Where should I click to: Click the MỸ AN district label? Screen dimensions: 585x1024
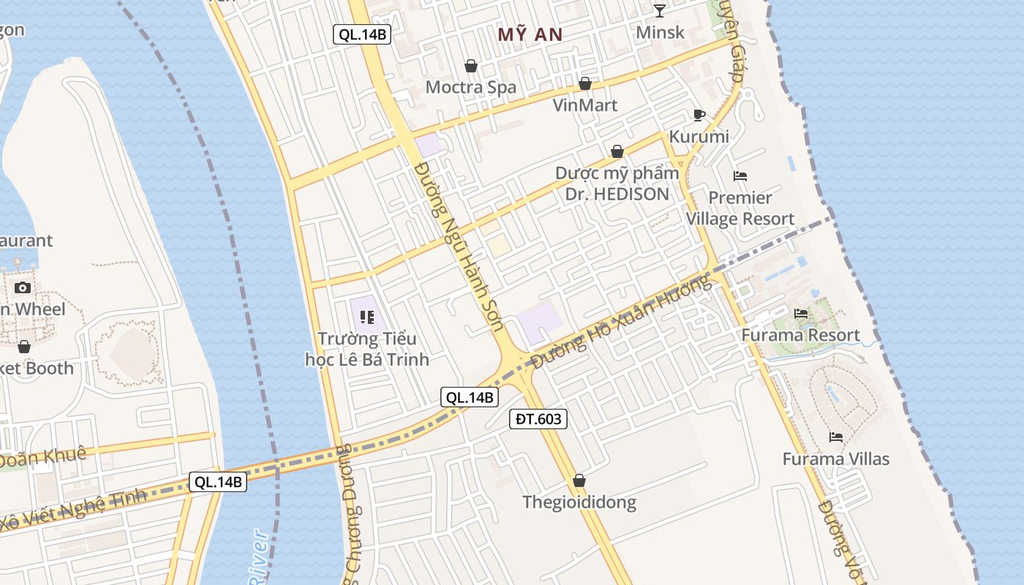pyautogui.click(x=530, y=34)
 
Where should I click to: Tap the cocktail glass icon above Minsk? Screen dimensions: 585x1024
pyautogui.click(x=660, y=10)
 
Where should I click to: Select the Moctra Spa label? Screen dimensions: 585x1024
pyautogui.click(x=471, y=87)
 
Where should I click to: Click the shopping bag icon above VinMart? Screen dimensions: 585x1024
pyautogui.click(x=585, y=83)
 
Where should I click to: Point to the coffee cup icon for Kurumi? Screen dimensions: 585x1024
pyautogui.click(x=699, y=115)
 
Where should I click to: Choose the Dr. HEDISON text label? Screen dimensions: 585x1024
pyautogui.click(x=617, y=194)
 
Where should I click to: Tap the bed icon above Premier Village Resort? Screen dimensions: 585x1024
pyautogui.click(x=740, y=176)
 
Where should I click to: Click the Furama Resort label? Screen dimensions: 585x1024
pyautogui.click(x=800, y=336)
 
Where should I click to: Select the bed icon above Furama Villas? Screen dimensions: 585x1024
pyautogui.click(x=836, y=437)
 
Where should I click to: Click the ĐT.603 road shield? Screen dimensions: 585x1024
pyautogui.click(x=538, y=419)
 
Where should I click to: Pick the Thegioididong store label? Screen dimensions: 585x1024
pyautogui.click(x=579, y=502)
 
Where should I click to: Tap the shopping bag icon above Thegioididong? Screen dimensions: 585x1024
pyautogui.click(x=579, y=480)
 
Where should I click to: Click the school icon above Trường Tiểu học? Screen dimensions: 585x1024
pyautogui.click(x=367, y=317)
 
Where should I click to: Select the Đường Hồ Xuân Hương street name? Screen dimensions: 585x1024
pyautogui.click(x=622, y=323)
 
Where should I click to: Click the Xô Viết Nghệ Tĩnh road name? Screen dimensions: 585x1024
pyautogui.click(x=73, y=512)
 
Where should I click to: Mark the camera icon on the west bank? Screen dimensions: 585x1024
pyautogui.click(x=23, y=287)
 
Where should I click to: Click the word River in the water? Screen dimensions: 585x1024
pyautogui.click(x=257, y=559)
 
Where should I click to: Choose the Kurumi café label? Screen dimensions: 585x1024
pyautogui.click(x=699, y=137)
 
